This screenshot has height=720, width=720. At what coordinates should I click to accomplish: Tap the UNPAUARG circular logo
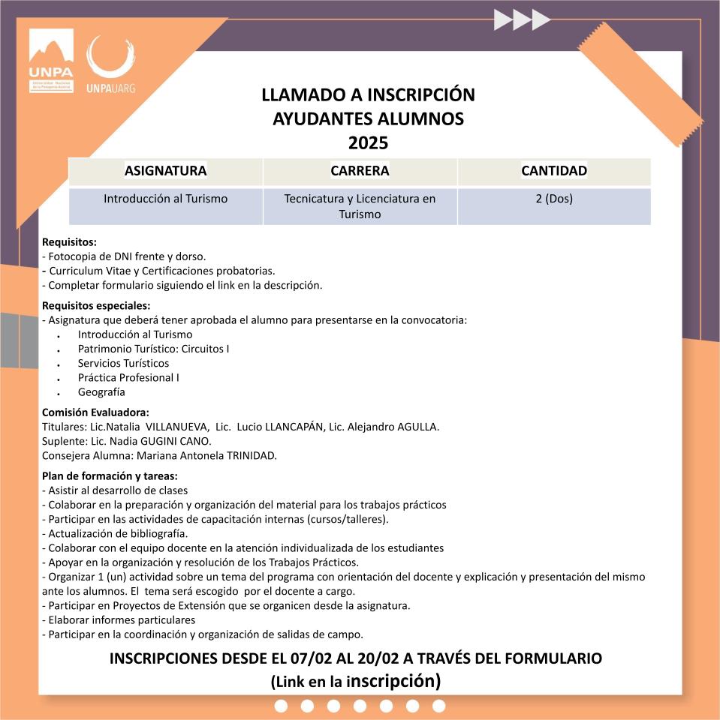[x=111, y=63]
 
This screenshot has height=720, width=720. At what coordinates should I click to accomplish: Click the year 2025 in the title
[x=368, y=142]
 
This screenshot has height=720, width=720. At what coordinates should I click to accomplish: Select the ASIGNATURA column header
[x=165, y=171]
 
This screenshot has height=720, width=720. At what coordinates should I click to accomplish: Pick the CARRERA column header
[x=360, y=171]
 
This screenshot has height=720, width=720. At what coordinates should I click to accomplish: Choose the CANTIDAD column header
[x=554, y=171]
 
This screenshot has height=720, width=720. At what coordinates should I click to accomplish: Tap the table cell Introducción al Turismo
[x=165, y=199]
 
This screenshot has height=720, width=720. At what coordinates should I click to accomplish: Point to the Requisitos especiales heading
[x=96, y=306]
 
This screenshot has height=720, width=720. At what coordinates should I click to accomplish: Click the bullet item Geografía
[x=101, y=392]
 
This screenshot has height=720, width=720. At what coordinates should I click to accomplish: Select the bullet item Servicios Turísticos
[x=123, y=364]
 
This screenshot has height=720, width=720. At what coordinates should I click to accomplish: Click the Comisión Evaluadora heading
[x=95, y=412]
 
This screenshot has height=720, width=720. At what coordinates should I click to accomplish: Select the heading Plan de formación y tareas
[x=110, y=476]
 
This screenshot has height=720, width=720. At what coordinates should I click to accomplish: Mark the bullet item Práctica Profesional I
[x=128, y=378]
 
